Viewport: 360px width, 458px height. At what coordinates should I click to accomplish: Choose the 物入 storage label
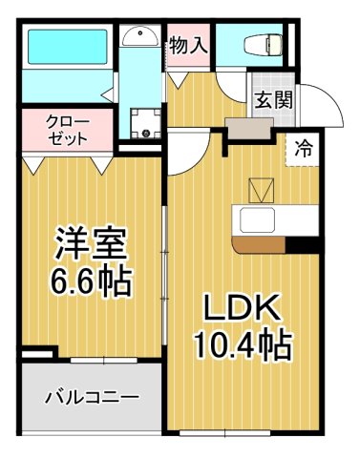click(x=188, y=43)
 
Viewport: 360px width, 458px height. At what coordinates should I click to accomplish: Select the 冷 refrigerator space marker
click(x=304, y=149)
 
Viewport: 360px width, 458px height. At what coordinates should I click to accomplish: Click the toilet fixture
click(x=262, y=43)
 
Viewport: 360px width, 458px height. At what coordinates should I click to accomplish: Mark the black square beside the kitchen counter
click(x=304, y=244)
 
